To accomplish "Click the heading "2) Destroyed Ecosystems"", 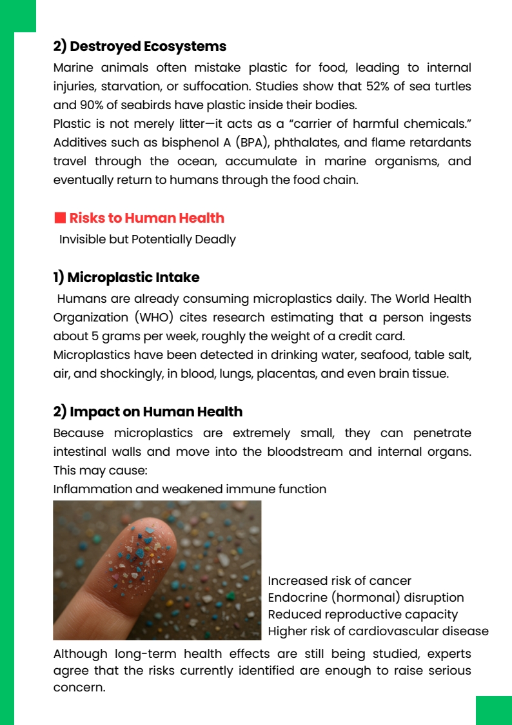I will (x=139, y=46).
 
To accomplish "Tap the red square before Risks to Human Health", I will (x=59, y=218).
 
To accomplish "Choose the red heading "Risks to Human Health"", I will (x=146, y=218).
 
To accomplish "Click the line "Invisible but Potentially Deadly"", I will (x=147, y=240).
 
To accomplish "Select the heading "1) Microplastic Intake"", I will (x=126, y=278).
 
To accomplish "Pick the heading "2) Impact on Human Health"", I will (x=148, y=412).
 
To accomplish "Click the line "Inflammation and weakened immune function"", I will (x=190, y=489).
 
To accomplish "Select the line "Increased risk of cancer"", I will (x=339, y=581).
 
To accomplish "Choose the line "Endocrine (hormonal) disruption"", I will (x=366, y=598).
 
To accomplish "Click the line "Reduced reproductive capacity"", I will (x=362, y=615).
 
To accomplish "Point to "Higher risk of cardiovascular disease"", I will (x=378, y=631).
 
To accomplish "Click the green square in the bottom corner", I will (x=493, y=710).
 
